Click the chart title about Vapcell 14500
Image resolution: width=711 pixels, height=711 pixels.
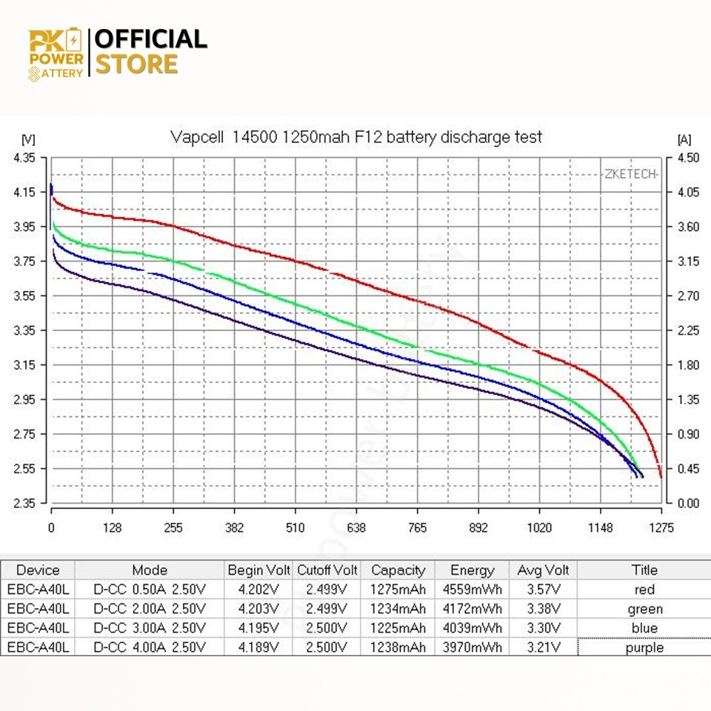coord(355,137)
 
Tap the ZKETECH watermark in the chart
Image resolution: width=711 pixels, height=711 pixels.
coord(630,174)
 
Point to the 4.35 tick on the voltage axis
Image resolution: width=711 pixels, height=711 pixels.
coord(24,158)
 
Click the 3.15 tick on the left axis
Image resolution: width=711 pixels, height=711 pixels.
coord(24,365)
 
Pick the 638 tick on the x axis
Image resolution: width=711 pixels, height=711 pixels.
coord(356,528)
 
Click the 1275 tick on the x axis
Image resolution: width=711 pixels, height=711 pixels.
coord(661,528)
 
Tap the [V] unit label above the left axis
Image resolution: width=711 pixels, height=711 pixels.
coord(28,138)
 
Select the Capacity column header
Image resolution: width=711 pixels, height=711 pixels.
coord(398,570)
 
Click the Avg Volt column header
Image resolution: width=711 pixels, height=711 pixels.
coord(543,570)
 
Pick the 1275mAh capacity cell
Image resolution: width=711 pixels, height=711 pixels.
coord(398,590)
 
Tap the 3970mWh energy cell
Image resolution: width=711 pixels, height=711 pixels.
coord(472,647)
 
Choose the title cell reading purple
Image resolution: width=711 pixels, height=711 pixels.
coord(644,647)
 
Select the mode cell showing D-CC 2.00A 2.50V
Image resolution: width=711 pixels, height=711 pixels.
coord(149,610)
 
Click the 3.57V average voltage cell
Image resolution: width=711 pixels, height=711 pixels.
coord(543,590)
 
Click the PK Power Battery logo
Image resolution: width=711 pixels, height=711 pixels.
coord(56,53)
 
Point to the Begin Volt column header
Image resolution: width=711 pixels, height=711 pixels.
coord(258,570)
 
